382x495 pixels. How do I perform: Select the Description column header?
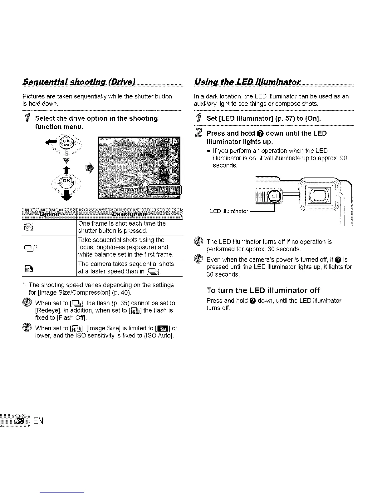tap(129, 214)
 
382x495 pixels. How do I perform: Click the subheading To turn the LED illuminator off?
tap(263, 290)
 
